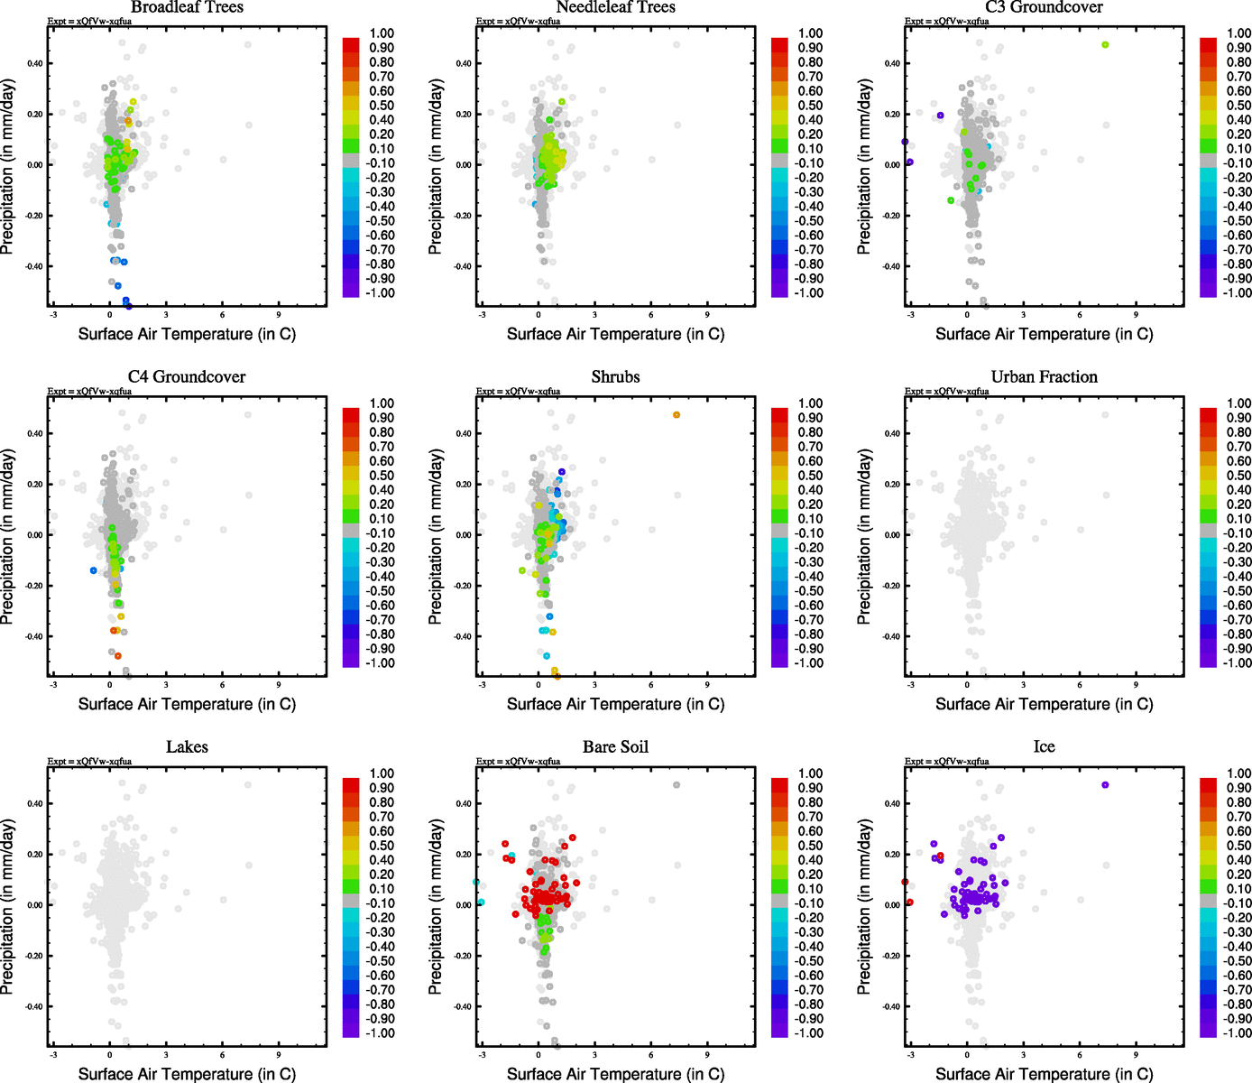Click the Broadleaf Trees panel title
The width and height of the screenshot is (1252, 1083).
point(187,8)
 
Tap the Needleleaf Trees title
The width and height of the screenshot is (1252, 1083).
point(615,8)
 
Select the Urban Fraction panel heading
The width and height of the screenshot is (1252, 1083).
point(1044,377)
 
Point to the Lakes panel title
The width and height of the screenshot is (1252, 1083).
point(187,747)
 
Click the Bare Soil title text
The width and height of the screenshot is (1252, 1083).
point(615,747)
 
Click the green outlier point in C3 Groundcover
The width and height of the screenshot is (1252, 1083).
point(1105,45)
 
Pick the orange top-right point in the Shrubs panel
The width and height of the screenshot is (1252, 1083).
point(677,415)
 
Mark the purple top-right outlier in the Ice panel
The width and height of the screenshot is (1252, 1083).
point(1105,785)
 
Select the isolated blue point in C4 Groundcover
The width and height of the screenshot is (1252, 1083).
point(93,570)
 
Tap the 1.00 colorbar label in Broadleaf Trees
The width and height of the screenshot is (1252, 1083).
point(382,33)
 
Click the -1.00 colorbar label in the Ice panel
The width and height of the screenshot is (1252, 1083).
point(1237,1033)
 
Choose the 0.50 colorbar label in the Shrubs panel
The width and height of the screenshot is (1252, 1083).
point(810,476)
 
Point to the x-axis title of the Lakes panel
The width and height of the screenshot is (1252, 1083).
point(187,1074)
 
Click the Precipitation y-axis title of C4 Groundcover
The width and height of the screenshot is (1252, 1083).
point(9,537)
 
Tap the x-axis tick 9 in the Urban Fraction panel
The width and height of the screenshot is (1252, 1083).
point(1136,685)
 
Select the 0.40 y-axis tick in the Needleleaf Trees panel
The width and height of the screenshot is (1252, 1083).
point(463,63)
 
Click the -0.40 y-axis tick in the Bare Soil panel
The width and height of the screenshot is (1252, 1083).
point(462,1006)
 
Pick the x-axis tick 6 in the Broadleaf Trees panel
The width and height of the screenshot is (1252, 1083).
point(222,315)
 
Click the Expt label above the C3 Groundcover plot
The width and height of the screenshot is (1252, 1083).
point(946,21)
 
